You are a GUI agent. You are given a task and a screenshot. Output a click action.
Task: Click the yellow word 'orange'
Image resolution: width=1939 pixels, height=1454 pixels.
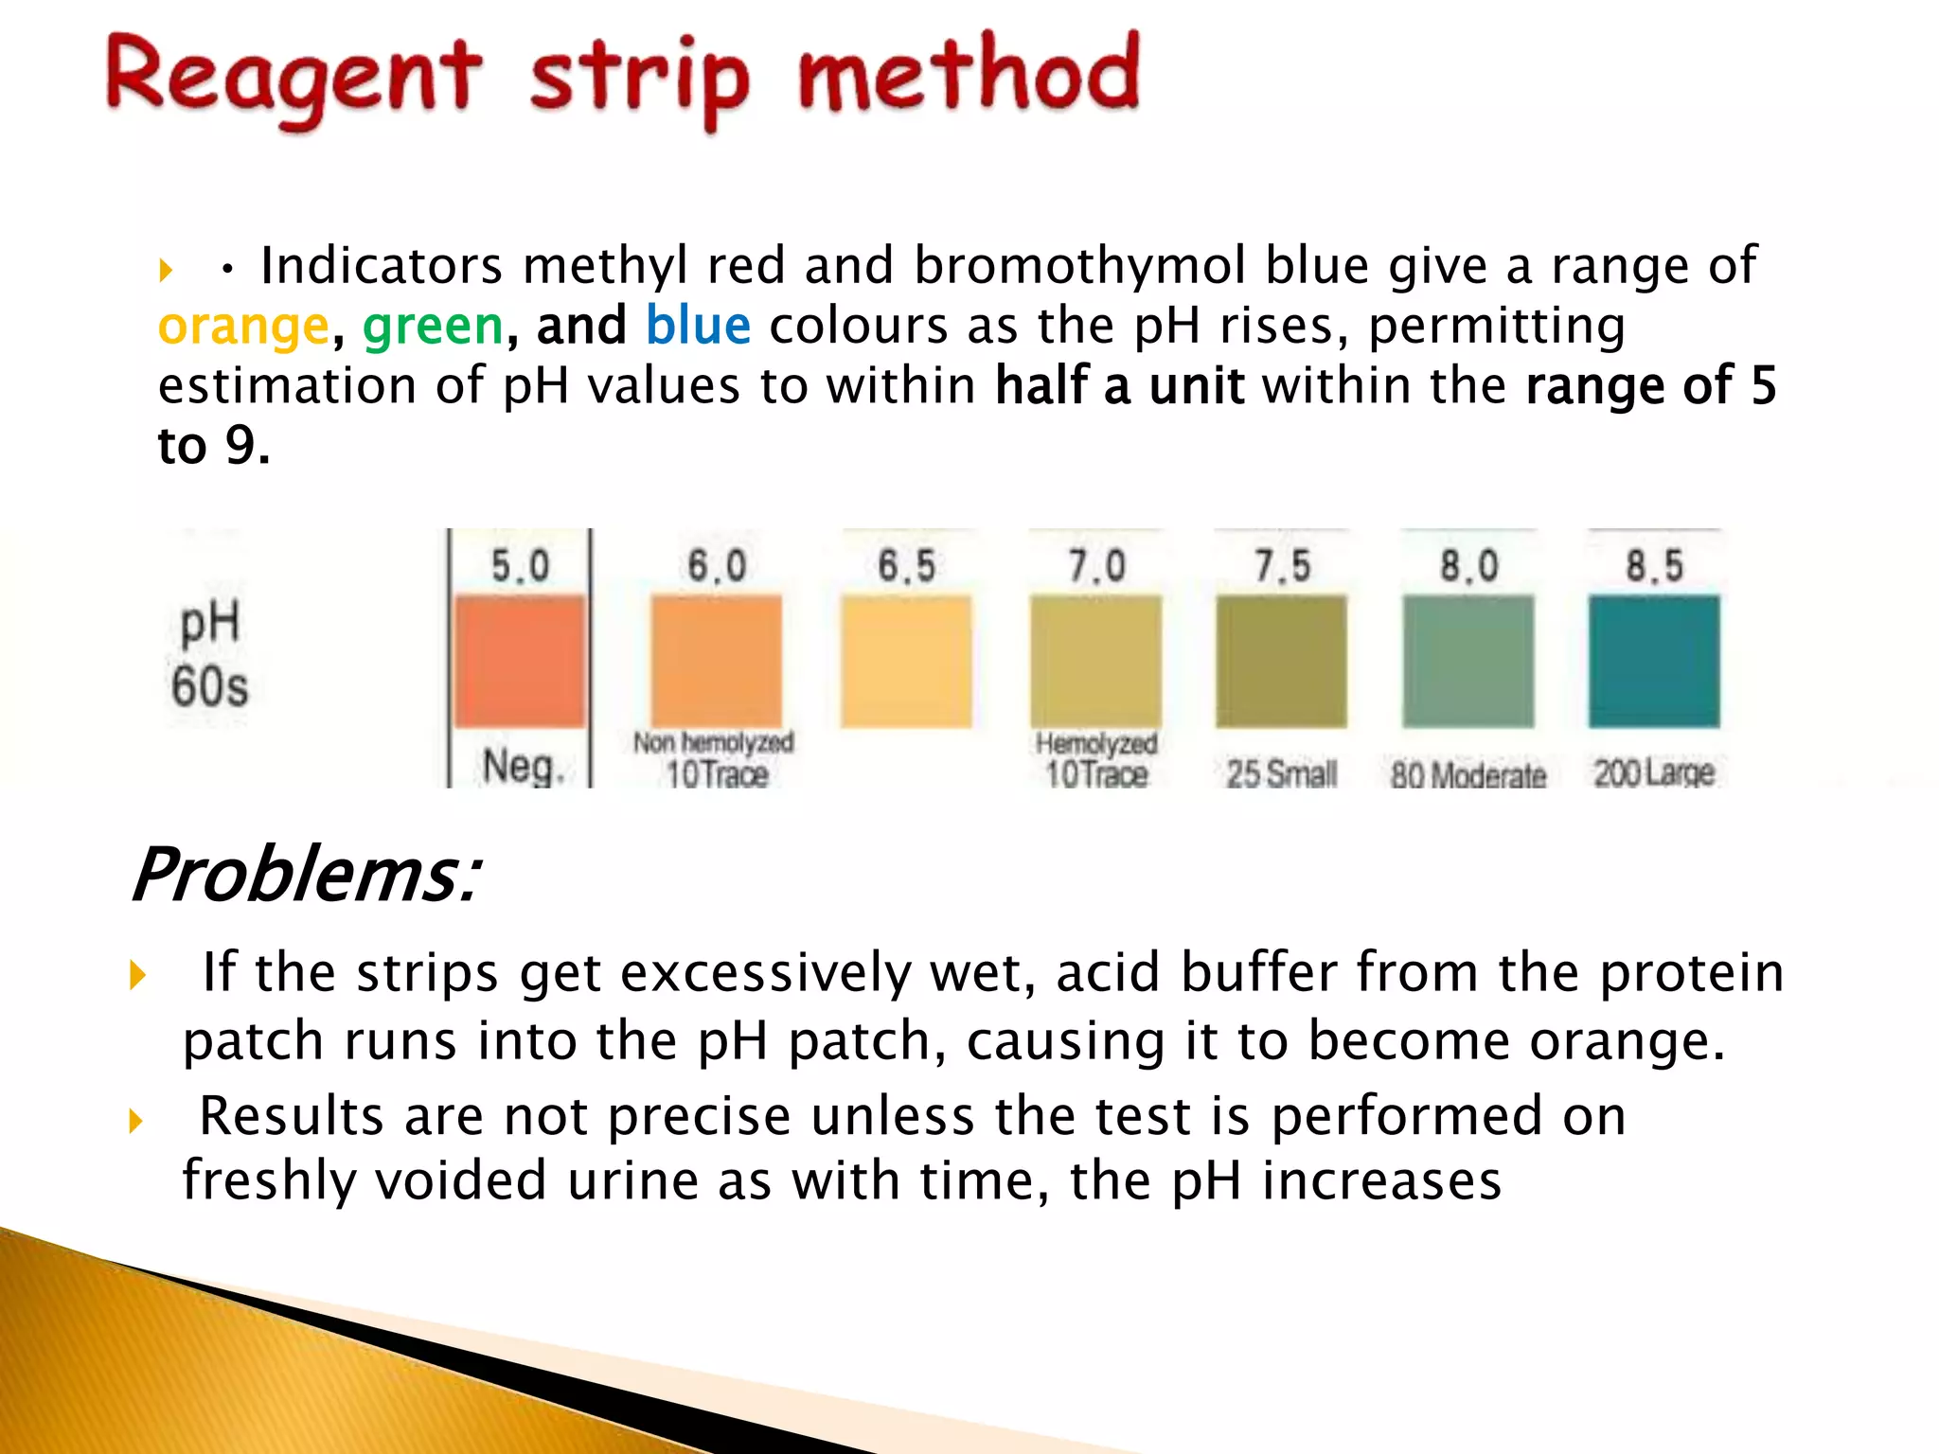pos(243,327)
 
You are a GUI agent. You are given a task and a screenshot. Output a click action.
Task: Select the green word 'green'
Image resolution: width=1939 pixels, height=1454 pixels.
pos(433,327)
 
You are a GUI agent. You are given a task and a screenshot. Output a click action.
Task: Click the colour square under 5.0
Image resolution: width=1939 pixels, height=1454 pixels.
pos(520,661)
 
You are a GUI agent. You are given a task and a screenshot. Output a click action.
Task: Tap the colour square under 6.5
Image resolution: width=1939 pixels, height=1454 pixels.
pos(906,661)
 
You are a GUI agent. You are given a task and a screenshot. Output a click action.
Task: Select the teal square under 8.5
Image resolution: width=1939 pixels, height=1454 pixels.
pos(1653,661)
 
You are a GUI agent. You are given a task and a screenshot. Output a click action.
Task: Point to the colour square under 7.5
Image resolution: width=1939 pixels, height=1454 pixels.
pos(1281,661)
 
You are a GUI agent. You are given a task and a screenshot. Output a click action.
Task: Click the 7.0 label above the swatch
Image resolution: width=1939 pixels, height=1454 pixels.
pos(1096,566)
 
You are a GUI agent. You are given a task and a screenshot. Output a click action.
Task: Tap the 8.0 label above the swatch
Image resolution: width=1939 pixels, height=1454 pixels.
pos(1468,566)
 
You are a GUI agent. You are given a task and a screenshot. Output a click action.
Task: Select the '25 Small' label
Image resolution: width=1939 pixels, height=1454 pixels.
pos(1281,774)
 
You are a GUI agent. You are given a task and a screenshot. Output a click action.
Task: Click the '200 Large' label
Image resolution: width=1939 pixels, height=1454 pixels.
pos(1653,773)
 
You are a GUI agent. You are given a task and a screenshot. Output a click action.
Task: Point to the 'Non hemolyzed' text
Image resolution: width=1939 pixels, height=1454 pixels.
pos(713,742)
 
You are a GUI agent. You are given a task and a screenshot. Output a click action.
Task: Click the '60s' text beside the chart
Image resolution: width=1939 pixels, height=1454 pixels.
pos(209,686)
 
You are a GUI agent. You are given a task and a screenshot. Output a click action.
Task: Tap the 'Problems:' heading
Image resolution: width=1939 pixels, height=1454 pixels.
pos(305,875)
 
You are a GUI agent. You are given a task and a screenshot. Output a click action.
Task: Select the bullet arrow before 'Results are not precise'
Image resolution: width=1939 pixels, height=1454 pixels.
pos(136,1122)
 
